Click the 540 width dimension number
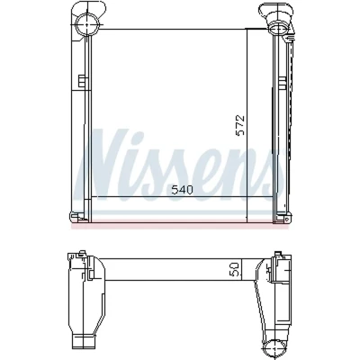click(182, 190)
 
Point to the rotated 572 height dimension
click(240, 125)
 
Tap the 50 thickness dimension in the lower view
click(234, 269)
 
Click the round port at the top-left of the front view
click(86, 24)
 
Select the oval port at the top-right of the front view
click(279, 30)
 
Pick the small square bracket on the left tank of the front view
click(81, 81)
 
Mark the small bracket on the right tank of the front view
click(282, 83)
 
